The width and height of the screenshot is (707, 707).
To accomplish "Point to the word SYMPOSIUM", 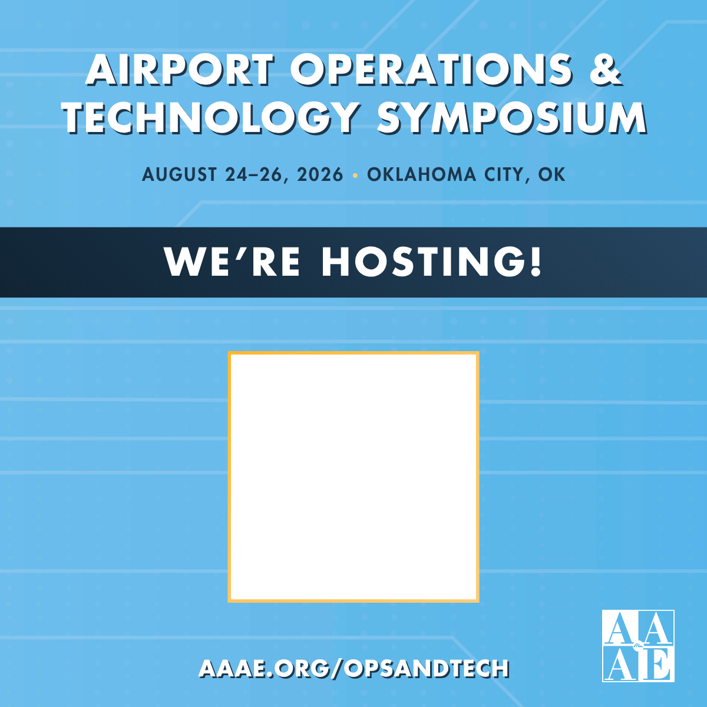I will point(511,117).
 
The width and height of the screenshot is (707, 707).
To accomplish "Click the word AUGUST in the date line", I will point(180,174).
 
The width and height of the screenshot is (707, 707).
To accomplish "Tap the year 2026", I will point(320,174).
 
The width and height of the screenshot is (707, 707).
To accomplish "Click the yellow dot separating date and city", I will point(355,175).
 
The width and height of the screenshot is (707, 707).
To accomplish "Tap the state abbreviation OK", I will point(552,174).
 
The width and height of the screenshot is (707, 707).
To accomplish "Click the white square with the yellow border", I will point(353,477).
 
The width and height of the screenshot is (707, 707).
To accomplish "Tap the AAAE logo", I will point(638,646).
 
